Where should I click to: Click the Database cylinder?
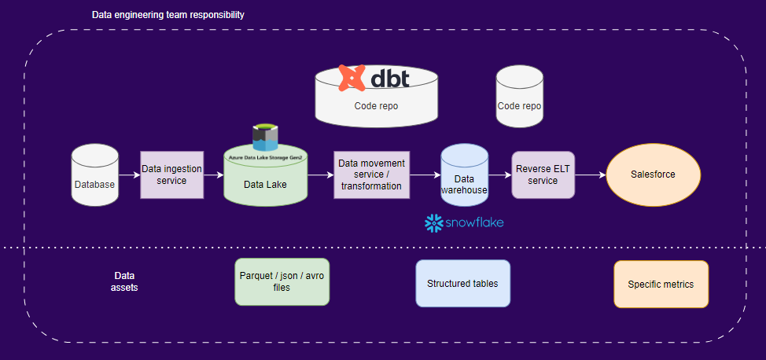[94, 176]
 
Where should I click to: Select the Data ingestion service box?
[171, 174]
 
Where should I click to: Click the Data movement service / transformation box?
[371, 174]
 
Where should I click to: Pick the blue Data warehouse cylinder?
[464, 176]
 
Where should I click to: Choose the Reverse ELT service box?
[542, 174]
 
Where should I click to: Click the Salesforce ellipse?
[653, 174]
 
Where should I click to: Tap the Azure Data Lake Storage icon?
[265, 137]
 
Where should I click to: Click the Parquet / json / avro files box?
[282, 282]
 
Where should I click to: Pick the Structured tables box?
[462, 283]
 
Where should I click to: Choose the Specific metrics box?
[661, 284]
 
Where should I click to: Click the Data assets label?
[124, 282]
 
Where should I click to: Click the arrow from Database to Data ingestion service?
[129, 175]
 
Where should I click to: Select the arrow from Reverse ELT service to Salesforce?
[590, 175]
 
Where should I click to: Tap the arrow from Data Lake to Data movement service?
[319, 175]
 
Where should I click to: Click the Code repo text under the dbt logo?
[376, 105]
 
